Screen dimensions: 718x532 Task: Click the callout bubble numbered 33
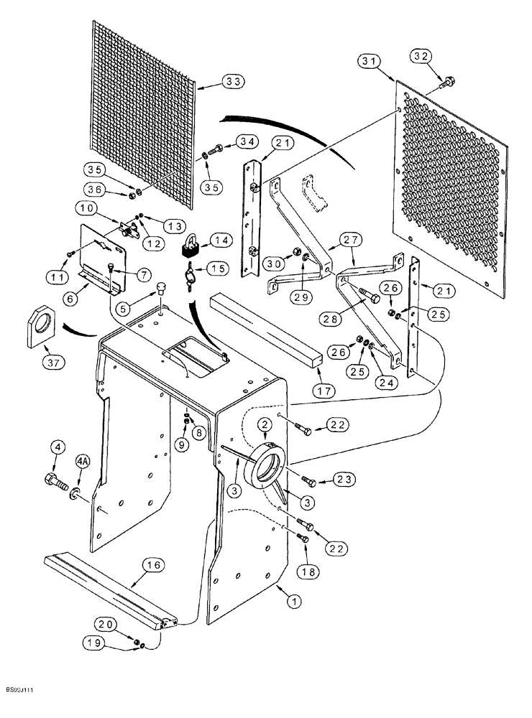click(233, 83)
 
